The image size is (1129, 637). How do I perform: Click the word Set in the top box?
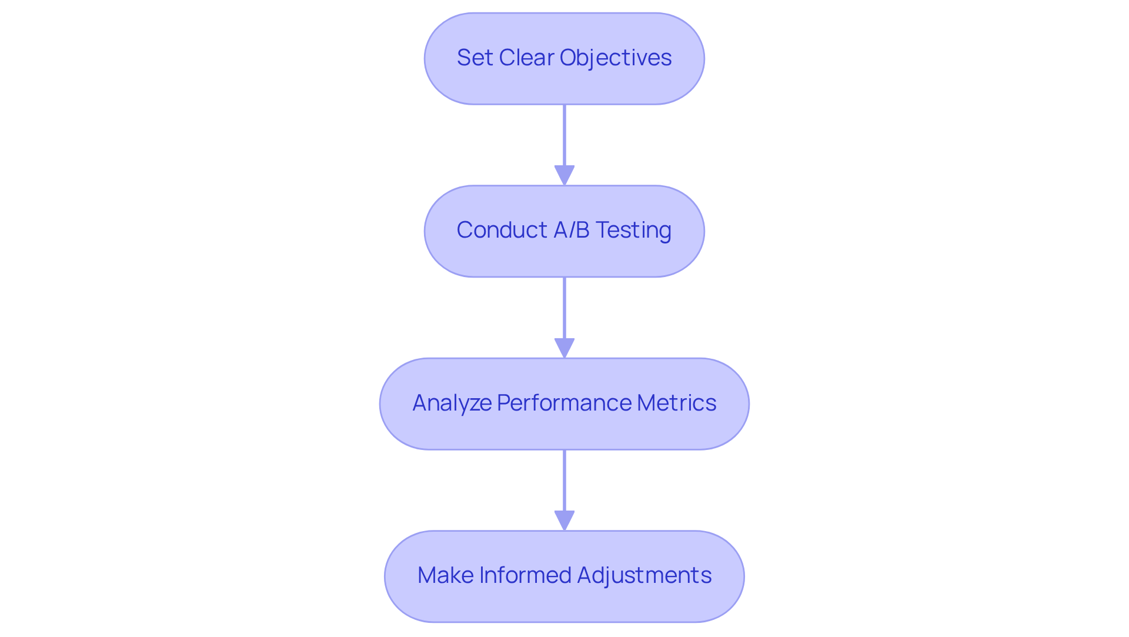[474, 58]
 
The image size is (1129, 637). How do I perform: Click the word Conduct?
[502, 230]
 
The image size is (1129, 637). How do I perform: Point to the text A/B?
[572, 230]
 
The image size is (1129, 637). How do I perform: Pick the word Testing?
[633, 230]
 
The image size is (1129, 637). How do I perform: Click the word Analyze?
[452, 403]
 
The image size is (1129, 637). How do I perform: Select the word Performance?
[564, 403]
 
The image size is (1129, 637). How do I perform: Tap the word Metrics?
[676, 403]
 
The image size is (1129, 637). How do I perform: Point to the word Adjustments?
[644, 575]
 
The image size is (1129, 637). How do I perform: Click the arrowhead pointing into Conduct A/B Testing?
[564, 175]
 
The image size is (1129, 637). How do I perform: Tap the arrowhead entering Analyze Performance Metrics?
[564, 348]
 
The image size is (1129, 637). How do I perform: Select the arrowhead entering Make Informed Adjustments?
[564, 520]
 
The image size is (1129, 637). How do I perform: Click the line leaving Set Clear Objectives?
[564, 135]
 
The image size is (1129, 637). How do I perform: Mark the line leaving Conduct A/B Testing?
[564, 308]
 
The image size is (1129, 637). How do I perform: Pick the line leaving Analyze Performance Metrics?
[564, 480]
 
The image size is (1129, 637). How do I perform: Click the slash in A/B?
[572, 230]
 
